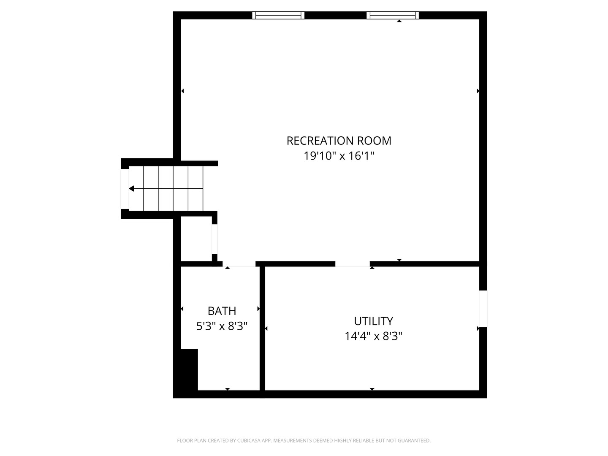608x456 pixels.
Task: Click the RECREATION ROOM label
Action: coord(339,141)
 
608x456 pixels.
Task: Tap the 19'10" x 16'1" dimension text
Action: coord(339,156)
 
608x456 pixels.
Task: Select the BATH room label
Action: coord(222,311)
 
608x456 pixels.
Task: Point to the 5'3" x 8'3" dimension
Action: coord(222,326)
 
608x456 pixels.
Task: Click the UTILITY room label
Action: coord(373,321)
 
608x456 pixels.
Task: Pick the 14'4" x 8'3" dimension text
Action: coord(373,337)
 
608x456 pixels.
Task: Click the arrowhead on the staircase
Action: coord(132,188)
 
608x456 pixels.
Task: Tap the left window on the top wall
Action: coord(278,16)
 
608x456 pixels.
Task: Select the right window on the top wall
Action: coord(393,16)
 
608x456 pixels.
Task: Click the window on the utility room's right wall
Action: coord(483,308)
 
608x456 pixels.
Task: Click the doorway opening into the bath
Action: coord(239,264)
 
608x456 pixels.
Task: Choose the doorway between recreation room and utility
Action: coord(353,264)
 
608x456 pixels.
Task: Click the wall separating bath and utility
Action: coord(262,329)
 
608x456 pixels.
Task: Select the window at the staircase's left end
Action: coord(125,189)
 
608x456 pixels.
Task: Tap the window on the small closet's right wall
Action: coord(214,239)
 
